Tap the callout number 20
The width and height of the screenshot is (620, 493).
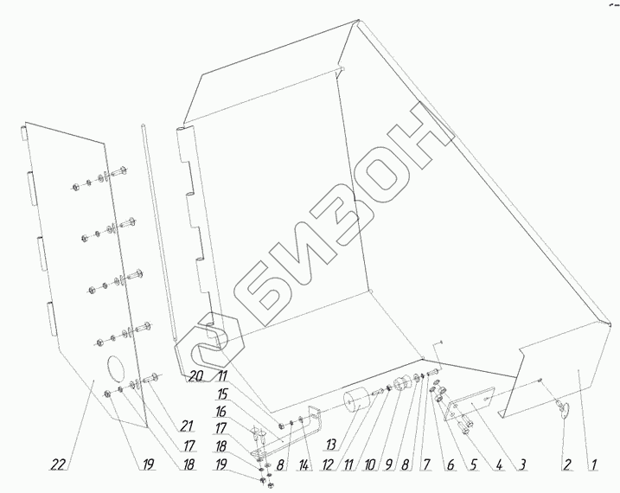point(195,376)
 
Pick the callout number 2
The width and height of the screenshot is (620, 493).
point(566,464)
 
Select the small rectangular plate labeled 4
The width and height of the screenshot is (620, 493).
point(470,406)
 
